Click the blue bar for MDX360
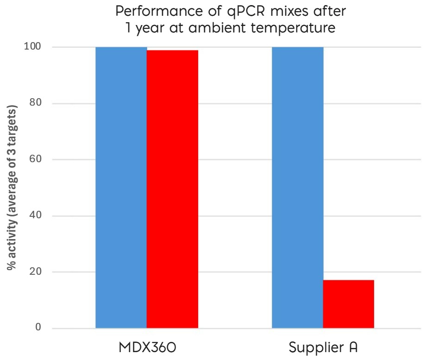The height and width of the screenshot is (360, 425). [x=121, y=188]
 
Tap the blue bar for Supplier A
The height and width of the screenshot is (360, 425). [x=297, y=188]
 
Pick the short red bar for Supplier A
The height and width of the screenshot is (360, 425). [x=348, y=304]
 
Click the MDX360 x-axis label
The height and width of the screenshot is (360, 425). [x=147, y=347]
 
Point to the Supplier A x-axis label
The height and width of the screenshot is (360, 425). [x=323, y=347]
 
